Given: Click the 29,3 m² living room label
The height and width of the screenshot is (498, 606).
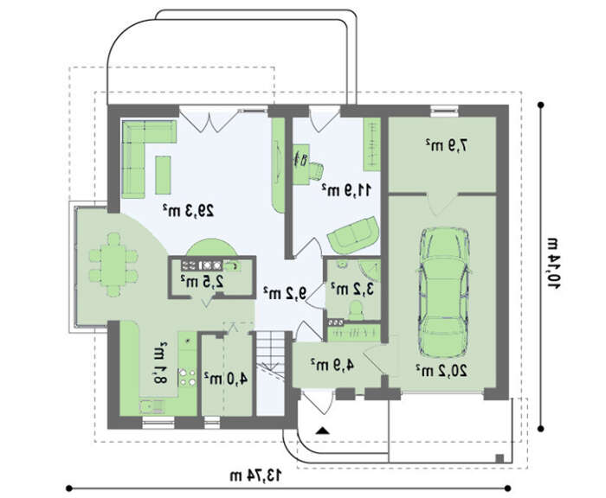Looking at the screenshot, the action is click(188, 210).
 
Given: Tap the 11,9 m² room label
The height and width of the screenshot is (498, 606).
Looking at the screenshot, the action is click(346, 189).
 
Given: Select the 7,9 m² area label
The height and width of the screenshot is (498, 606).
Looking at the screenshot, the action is click(447, 145).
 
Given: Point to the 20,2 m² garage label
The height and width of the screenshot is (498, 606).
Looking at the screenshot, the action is click(442, 370).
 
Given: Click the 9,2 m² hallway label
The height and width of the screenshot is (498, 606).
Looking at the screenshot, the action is click(285, 292).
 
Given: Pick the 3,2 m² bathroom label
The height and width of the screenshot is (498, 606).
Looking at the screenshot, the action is click(353, 289).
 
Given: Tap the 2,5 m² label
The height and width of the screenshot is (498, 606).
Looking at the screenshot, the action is click(202, 281).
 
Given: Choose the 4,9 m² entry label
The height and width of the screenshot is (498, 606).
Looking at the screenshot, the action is click(332, 364).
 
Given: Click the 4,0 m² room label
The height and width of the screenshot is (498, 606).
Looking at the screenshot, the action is click(226, 379).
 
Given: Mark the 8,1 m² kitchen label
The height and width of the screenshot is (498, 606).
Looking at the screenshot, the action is click(159, 363).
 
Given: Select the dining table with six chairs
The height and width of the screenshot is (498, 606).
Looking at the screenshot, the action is click(113, 265).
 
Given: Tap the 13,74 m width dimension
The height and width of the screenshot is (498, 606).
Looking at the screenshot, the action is click(256, 476).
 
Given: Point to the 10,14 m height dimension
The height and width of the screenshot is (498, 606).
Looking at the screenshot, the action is click(553, 264).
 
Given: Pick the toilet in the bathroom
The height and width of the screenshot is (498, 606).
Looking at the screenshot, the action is click(356, 310).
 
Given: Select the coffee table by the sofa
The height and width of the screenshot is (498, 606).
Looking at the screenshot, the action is click(163, 175).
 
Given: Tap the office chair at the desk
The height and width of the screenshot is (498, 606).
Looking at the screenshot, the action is click(315, 171).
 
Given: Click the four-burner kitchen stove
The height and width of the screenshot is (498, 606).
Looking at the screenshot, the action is click(188, 377).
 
